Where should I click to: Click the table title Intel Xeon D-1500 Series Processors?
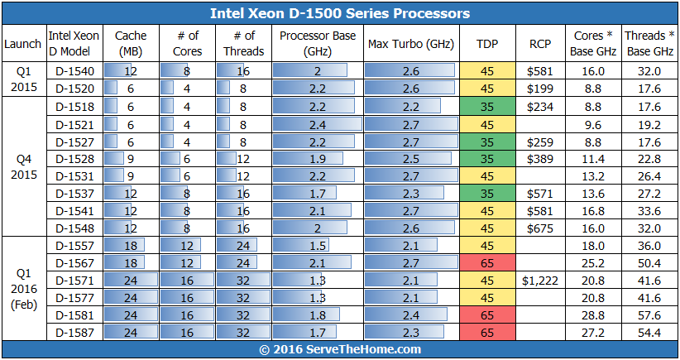(x=339, y=13)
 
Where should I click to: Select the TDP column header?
(x=487, y=43)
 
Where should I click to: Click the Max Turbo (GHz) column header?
(x=411, y=43)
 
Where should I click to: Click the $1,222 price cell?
(x=540, y=281)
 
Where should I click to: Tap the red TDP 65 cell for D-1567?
(x=487, y=263)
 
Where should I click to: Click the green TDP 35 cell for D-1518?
(x=487, y=106)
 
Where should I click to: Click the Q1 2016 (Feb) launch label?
(x=22, y=289)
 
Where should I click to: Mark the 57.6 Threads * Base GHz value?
(x=645, y=315)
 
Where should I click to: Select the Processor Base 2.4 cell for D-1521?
(x=318, y=124)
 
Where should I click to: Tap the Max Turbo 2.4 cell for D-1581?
(x=411, y=315)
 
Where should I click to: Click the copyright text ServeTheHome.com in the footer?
(x=339, y=350)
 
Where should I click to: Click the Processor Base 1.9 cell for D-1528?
(x=318, y=159)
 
